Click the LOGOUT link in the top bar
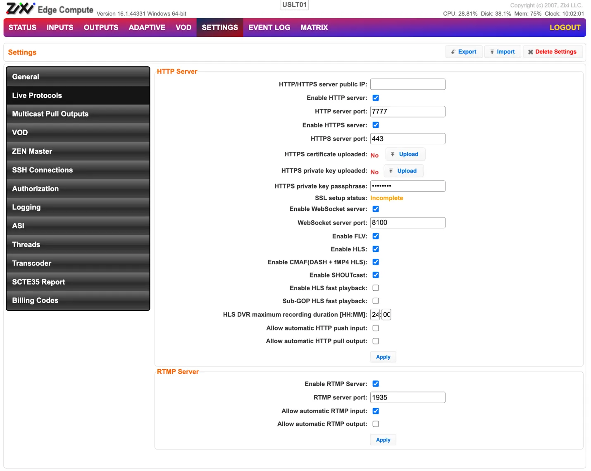click(565, 27)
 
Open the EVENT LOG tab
click(269, 27)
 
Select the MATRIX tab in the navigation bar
click(314, 27)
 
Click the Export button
click(464, 52)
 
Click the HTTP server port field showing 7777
click(408, 112)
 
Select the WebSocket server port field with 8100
click(408, 222)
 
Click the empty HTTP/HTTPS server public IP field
click(408, 84)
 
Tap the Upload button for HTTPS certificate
click(405, 154)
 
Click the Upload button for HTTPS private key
click(403, 171)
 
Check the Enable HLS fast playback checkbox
click(375, 288)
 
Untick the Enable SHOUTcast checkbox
click(375, 275)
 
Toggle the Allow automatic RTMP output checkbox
click(375, 424)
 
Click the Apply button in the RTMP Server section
click(383, 440)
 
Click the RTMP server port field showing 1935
click(408, 397)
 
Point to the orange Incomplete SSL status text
click(386, 198)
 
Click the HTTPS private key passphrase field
click(408, 186)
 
